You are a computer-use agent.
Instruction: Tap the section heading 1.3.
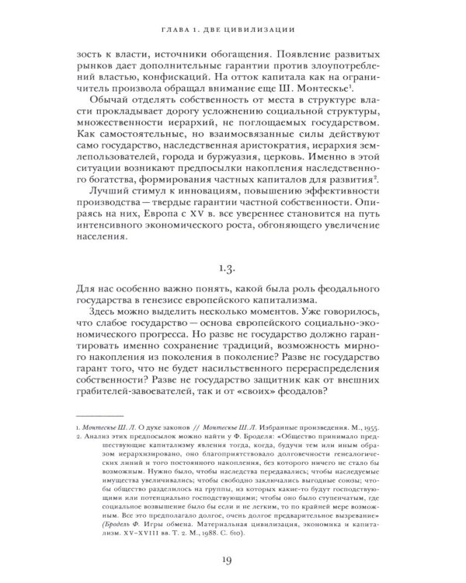coord(233,270)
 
